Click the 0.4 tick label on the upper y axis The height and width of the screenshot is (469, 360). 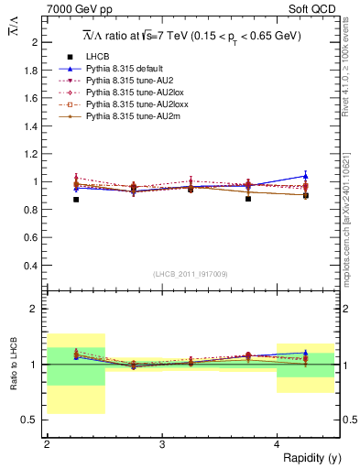tap(32, 266)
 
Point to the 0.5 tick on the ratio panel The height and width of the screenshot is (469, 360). tap(32, 420)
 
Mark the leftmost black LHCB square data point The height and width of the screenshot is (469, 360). tap(76, 199)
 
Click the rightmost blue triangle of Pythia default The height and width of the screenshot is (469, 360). tap(306, 175)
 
